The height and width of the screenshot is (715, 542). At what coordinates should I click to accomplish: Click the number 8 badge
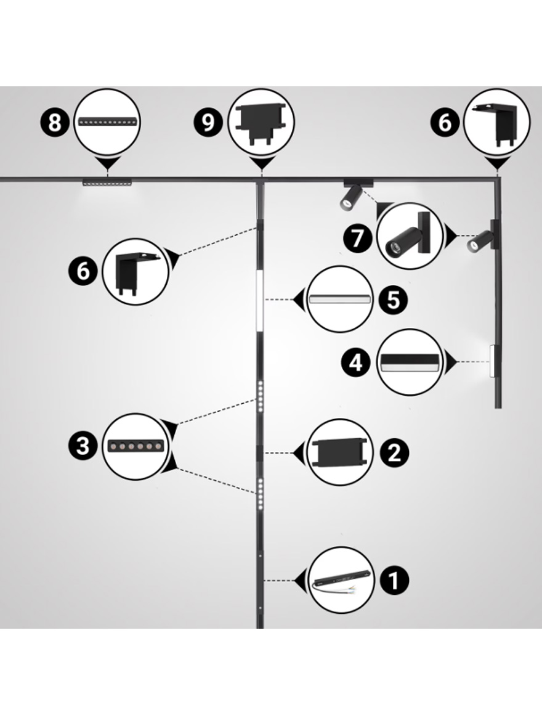point(54,123)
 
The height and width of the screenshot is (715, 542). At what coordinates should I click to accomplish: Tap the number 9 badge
point(208,123)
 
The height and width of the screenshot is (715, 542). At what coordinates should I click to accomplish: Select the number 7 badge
point(358,237)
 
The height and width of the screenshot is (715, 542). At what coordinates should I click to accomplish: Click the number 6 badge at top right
point(445,123)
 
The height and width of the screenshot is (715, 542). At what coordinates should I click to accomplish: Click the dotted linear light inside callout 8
point(108,121)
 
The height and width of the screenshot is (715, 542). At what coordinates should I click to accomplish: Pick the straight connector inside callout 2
point(339,452)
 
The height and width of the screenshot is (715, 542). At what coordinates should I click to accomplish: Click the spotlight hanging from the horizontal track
point(354,195)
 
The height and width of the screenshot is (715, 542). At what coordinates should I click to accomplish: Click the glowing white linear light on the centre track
point(260,300)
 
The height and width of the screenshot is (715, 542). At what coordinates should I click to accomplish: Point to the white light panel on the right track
point(492,361)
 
